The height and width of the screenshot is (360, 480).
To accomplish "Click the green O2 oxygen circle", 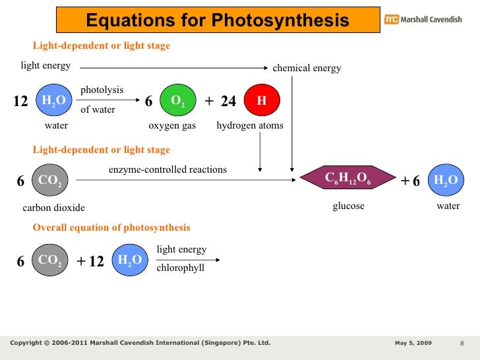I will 177,100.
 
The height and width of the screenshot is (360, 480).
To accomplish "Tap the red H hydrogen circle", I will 262,100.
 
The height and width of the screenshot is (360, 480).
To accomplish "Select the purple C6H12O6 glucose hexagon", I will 348,178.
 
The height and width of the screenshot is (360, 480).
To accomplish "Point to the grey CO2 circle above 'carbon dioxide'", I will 50,180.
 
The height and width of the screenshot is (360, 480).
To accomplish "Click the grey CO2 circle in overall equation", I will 50,260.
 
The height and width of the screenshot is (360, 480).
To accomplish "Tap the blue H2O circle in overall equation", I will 130,260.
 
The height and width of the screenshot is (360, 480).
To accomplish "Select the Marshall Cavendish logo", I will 424,20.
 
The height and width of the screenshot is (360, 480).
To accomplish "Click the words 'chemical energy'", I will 307,68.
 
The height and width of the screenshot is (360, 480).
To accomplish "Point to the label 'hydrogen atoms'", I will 250,126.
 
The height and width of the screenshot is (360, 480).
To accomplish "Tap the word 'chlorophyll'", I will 180,268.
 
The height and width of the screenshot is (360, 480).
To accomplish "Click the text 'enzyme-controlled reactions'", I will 167,169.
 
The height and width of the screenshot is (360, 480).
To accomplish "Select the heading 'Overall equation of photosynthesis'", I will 111,227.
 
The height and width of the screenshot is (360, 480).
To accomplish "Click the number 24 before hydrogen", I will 228,101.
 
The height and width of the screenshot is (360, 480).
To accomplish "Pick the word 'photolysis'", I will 102,90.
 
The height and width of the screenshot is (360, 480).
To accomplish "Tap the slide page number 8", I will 462,344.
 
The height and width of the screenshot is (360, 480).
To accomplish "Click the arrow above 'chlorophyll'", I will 188,259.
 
